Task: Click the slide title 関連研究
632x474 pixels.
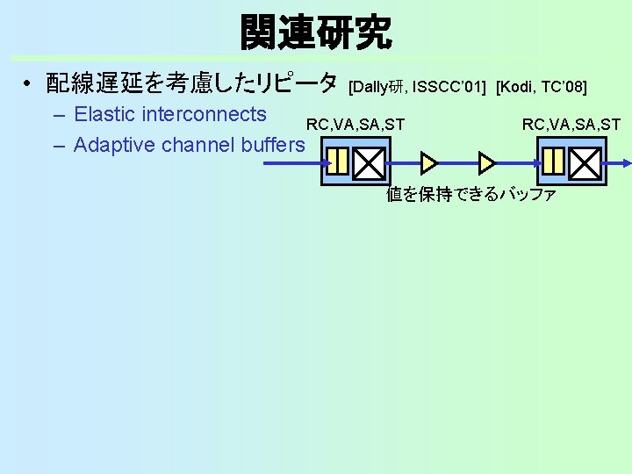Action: [316, 32]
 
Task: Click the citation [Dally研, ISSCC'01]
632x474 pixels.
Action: [419, 86]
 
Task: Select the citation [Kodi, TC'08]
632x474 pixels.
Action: [542, 86]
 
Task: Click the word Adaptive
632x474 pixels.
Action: [112, 145]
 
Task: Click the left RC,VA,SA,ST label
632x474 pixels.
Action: [355, 125]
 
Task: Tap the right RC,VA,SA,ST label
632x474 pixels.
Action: [571, 125]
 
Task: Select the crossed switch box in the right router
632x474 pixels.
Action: [585, 162]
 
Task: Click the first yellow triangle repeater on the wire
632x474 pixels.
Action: [429, 162]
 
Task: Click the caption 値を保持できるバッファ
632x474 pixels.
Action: [471, 194]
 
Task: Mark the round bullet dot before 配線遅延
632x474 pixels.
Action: [28, 84]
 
